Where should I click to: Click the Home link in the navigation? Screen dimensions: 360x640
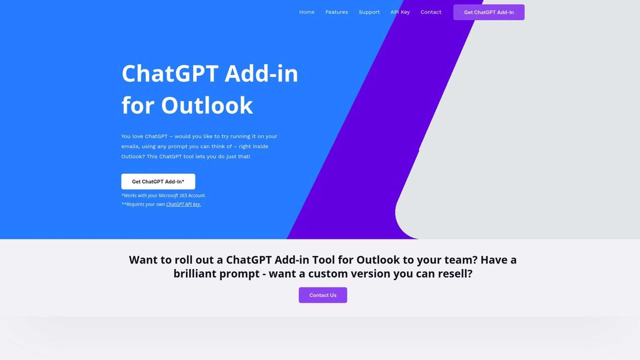pos(307,12)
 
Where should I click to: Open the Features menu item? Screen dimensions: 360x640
pos(336,12)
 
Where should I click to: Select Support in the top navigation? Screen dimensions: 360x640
pos(369,12)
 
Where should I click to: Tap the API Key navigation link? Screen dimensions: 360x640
pos(400,12)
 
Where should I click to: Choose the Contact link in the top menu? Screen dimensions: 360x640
pos(431,12)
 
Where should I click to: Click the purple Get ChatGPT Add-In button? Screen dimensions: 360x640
pos(489,12)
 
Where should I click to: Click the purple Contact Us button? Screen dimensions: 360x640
pos(323,295)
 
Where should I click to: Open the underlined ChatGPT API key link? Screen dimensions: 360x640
pos(183,204)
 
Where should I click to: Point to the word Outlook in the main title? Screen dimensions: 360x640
pos(207,105)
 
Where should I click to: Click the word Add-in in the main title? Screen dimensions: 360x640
pos(261,73)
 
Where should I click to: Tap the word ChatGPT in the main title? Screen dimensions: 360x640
pos(170,73)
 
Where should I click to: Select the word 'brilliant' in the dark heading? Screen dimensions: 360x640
pos(195,274)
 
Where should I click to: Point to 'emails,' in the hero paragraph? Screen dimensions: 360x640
pos(130,146)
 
